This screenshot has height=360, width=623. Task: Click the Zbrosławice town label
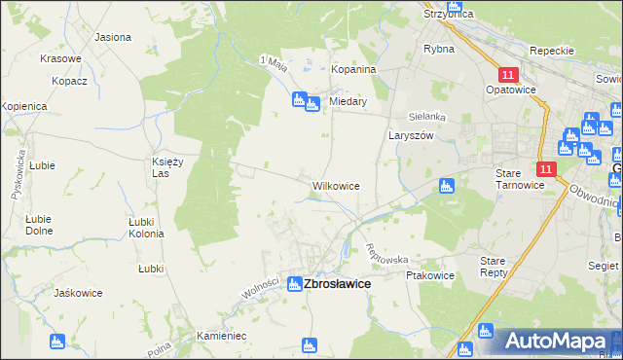(338, 284)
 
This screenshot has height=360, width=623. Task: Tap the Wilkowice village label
(336, 185)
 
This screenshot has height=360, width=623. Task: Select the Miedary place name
(348, 101)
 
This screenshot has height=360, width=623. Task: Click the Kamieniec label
(223, 335)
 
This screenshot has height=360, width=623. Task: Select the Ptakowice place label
(428, 275)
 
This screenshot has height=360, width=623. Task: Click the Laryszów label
(410, 137)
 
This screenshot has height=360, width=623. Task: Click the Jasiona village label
(113, 37)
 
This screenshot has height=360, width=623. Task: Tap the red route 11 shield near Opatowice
(508, 75)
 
